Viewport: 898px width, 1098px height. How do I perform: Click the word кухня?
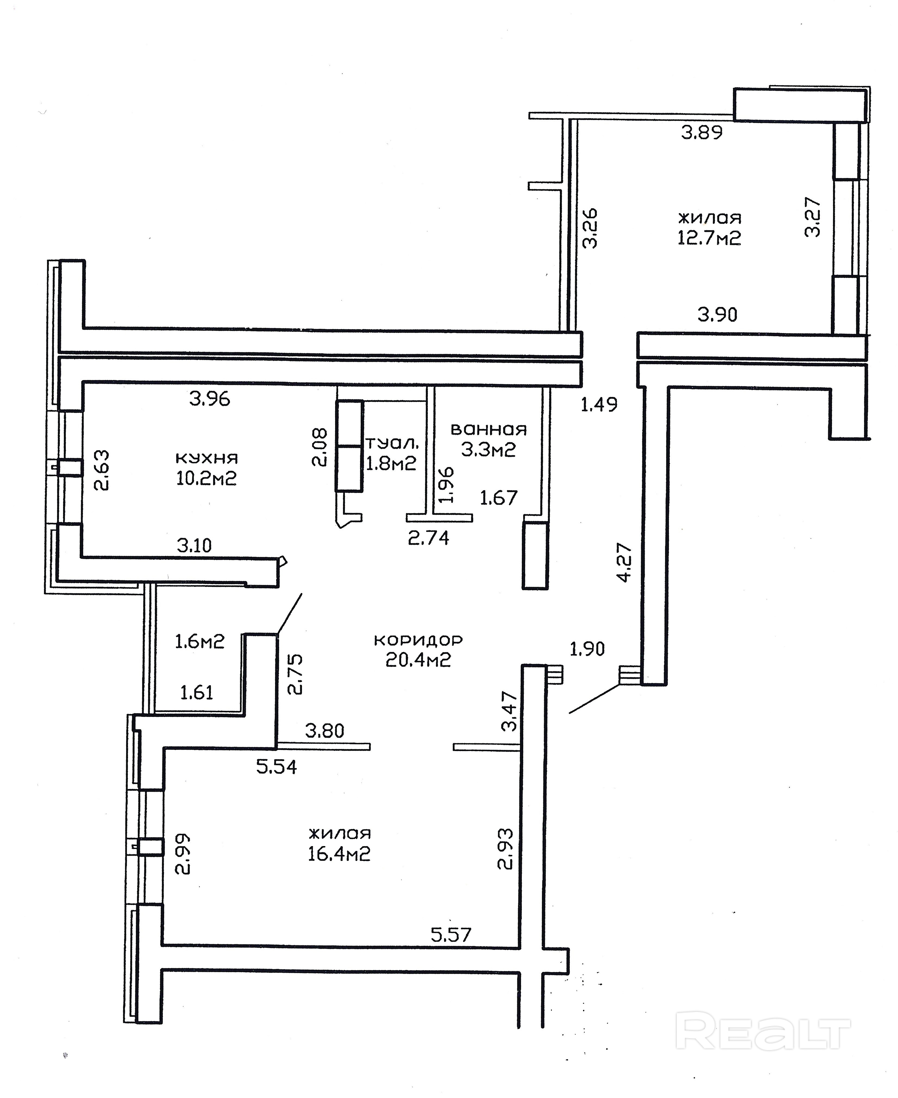click(206, 458)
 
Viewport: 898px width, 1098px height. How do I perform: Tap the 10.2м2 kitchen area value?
click(206, 478)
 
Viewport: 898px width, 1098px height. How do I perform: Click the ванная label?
click(488, 429)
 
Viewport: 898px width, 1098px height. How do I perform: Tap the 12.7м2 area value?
click(709, 238)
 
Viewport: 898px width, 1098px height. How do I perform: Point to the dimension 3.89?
click(701, 133)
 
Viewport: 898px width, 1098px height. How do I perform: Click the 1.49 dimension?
click(599, 404)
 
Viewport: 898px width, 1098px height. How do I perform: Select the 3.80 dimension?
click(324, 731)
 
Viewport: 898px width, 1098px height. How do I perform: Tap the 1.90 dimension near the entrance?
click(587, 648)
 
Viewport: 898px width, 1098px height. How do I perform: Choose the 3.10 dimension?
click(195, 545)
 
